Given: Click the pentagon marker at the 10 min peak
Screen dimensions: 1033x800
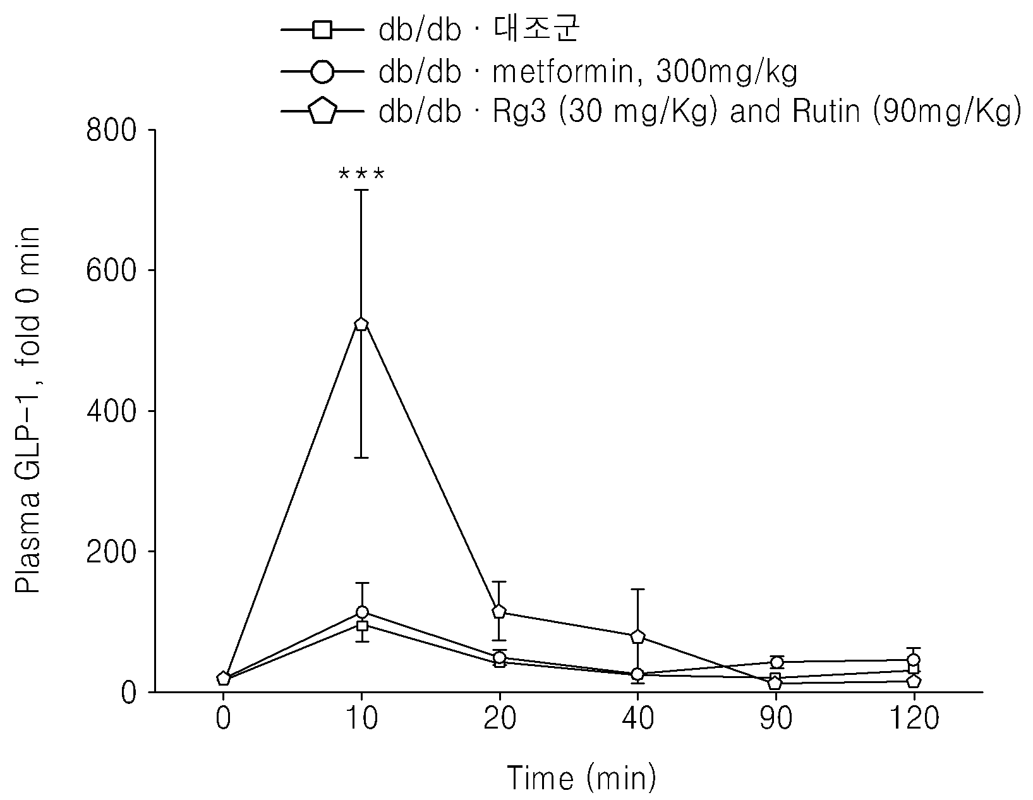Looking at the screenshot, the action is click(x=361, y=324).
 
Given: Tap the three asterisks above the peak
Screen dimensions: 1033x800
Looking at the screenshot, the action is click(x=361, y=174).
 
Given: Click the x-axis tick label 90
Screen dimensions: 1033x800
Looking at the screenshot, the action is click(x=776, y=718).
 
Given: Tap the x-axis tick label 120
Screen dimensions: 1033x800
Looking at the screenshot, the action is click(x=914, y=718).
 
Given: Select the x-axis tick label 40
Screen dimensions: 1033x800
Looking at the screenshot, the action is click(x=637, y=718).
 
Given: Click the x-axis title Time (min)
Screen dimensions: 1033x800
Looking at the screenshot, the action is click(x=581, y=778).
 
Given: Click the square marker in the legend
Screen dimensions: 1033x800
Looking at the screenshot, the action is click(x=322, y=30).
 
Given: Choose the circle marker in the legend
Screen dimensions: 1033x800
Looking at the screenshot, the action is click(x=322, y=72).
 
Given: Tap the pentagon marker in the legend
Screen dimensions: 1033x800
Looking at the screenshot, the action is click(x=322, y=111).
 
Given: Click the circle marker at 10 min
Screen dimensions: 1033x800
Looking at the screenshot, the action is click(x=362, y=612).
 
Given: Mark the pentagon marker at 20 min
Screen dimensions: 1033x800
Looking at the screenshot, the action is click(x=499, y=611).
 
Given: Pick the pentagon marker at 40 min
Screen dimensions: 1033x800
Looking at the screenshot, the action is click(x=637, y=636).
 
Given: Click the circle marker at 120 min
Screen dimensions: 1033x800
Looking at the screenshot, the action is click(x=914, y=660).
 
